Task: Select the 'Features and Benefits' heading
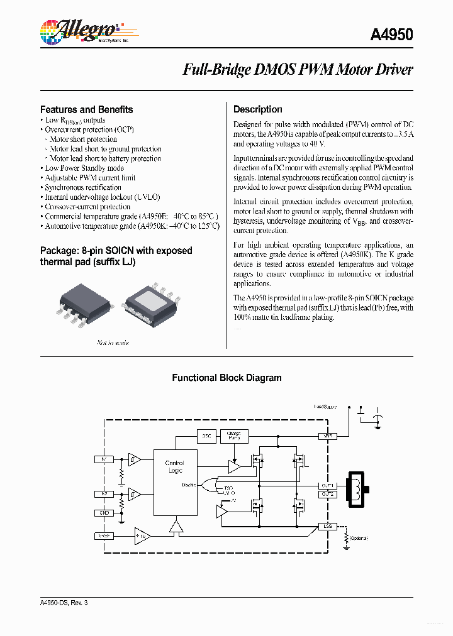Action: pyautogui.click(x=86, y=109)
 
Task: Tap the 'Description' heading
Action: pyautogui.click(x=257, y=109)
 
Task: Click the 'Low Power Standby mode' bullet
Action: pyautogui.click(x=84, y=168)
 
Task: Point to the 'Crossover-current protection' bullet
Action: pyautogui.click(x=87, y=207)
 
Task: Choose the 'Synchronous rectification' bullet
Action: pyautogui.click(x=83, y=187)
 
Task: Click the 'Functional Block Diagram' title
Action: pyautogui.click(x=226, y=378)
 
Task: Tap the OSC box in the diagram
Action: pyautogui.click(x=206, y=436)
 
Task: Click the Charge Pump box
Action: pyautogui.click(x=234, y=436)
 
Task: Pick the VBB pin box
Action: pyautogui.click(x=327, y=436)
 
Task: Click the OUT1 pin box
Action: pyautogui.click(x=327, y=486)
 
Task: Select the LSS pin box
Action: pyautogui.click(x=327, y=526)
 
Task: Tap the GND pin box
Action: pyautogui.click(x=104, y=513)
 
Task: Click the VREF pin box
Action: pyautogui.click(x=104, y=536)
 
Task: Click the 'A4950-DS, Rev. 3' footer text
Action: pyautogui.click(x=64, y=603)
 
